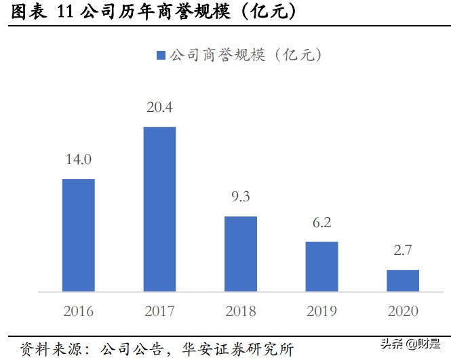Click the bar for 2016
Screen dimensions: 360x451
(78, 235)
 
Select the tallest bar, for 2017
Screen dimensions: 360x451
(159, 209)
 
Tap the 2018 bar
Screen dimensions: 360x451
(241, 254)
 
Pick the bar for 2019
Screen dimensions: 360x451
(321, 266)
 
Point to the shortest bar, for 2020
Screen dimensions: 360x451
(403, 281)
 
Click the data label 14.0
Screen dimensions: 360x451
(78, 160)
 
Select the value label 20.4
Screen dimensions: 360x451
(159, 107)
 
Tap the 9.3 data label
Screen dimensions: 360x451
(241, 197)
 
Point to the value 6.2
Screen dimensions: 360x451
(321, 222)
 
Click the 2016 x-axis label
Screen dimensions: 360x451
(78, 311)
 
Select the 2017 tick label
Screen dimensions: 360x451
(159, 311)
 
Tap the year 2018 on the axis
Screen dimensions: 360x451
(241, 311)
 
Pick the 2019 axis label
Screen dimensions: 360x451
(321, 311)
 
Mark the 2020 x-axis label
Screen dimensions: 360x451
(403, 311)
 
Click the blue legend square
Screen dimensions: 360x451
(160, 56)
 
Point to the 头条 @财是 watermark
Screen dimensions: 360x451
(415, 345)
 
